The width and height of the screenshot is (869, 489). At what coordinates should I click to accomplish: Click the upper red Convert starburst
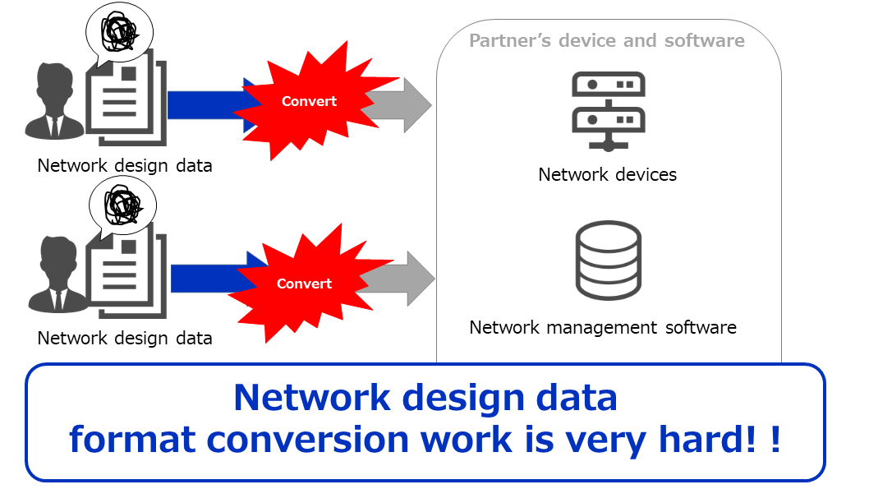[x=309, y=101]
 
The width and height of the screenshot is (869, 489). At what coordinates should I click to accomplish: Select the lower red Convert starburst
[x=304, y=284]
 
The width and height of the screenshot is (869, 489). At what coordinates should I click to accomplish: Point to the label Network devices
[x=608, y=174]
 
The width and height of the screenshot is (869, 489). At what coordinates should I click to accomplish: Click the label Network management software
[x=603, y=327]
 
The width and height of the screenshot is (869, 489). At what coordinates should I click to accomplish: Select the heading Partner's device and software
[x=607, y=40]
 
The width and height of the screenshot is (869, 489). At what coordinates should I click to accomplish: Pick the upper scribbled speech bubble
[x=120, y=34]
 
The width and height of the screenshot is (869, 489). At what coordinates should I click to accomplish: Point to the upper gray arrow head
[x=416, y=104]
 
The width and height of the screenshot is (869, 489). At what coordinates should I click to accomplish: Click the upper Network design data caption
[x=125, y=165]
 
